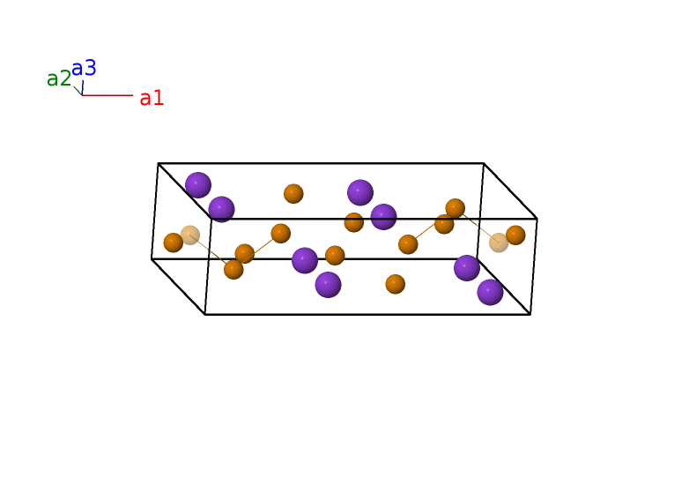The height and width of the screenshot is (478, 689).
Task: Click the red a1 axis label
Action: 152,98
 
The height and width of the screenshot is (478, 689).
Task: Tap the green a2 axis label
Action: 59,78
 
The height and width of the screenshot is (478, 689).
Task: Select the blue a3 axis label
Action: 84,68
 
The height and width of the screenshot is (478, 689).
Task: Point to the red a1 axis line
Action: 107,95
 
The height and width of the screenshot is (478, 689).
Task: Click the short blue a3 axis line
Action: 83,87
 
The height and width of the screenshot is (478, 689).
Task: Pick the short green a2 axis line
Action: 78,91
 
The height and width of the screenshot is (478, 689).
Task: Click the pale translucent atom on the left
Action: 190,235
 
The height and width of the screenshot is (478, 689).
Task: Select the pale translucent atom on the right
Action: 499,243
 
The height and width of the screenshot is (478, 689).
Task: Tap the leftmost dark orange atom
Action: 173,243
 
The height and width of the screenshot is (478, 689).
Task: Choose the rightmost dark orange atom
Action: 515,235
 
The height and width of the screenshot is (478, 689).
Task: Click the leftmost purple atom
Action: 198,184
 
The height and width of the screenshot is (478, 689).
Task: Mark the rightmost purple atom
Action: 490,292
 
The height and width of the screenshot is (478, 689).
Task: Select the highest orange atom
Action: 293,193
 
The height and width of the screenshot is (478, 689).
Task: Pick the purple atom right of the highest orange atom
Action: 360,192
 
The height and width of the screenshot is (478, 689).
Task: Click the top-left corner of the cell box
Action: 159,163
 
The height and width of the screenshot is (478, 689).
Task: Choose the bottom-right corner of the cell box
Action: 530,314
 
